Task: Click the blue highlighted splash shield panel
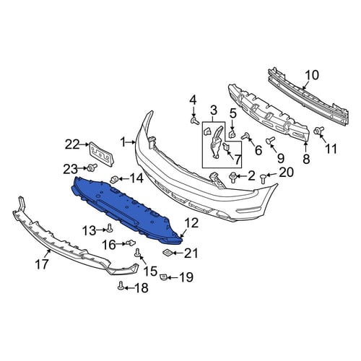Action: (125, 207)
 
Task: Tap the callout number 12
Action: (191, 223)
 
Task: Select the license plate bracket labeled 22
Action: (102, 154)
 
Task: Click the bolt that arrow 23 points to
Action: (92, 168)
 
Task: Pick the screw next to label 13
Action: (110, 228)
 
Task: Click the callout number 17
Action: (42, 264)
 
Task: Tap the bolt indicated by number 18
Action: (121, 286)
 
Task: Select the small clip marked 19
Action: (163, 277)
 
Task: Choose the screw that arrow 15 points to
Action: (138, 253)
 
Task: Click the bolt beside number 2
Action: (232, 176)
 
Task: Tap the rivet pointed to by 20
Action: (263, 178)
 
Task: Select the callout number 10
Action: (312, 75)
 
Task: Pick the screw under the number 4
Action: (194, 121)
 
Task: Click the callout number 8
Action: (306, 159)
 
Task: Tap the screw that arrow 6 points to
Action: (245, 136)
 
